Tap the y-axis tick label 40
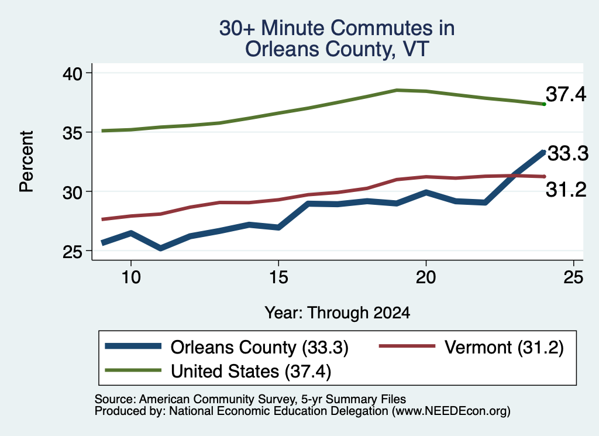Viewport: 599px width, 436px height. tap(72, 73)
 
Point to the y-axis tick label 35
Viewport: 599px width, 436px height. tap(72, 133)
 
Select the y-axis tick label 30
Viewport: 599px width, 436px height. tap(72, 193)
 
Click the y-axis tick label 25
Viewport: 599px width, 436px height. tap(72, 252)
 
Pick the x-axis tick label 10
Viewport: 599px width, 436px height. tap(131, 277)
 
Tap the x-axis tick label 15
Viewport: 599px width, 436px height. tap(278, 277)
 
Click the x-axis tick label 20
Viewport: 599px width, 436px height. tap(426, 277)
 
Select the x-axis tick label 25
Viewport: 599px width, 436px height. tap(573, 277)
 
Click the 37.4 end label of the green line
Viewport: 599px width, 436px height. tap(566, 94)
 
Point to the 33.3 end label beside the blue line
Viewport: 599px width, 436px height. tap(568, 153)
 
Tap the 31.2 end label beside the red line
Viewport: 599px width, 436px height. tap(566, 190)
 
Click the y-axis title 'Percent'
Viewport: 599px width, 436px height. tap(26, 162)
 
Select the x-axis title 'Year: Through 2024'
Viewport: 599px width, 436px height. tap(338, 313)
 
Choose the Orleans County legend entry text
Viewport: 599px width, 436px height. tap(259, 348)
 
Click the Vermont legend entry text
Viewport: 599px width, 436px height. tap(504, 348)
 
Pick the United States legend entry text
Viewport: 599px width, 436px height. tap(250, 371)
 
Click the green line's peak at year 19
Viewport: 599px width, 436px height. tap(397, 90)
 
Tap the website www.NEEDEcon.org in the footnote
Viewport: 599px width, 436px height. tap(451, 411)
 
